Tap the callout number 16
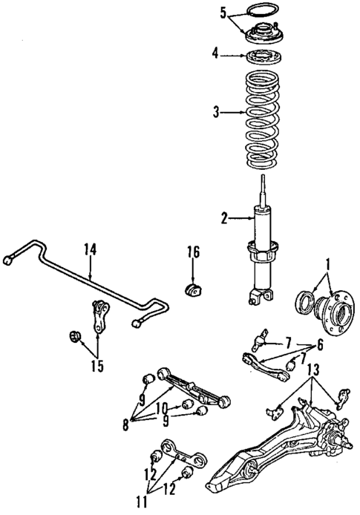(193, 253)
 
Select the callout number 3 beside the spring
(216, 113)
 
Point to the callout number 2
(223, 217)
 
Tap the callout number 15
(98, 365)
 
